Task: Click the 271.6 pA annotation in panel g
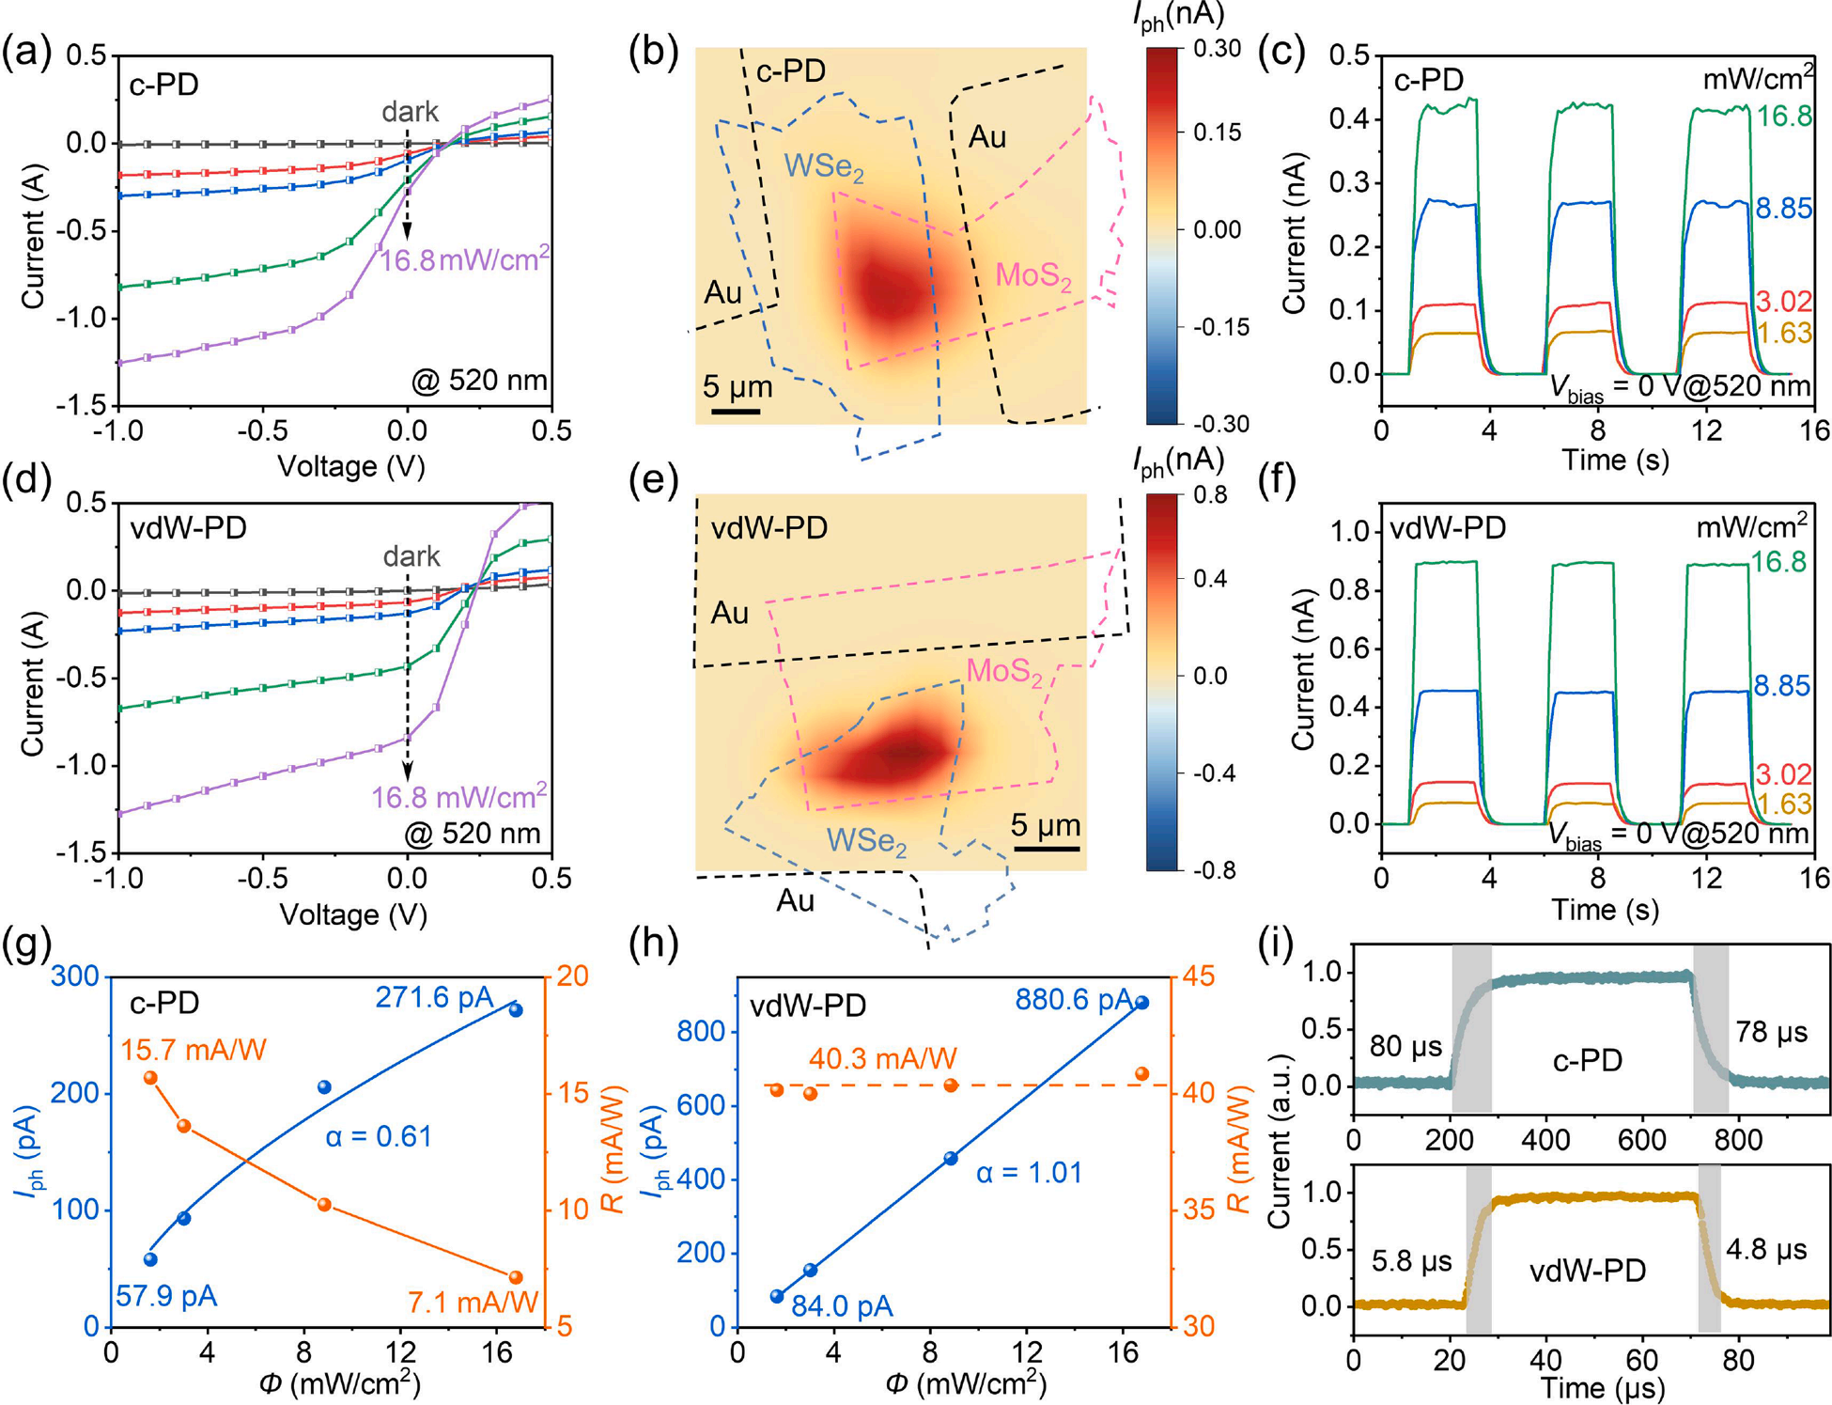pyautogui.click(x=434, y=997)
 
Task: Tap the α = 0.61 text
pyautogui.click(x=379, y=1136)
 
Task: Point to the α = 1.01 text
pyautogui.click(x=1029, y=1173)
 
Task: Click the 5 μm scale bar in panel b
pyautogui.click(x=736, y=411)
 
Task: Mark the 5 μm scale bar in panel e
pyautogui.click(x=1047, y=848)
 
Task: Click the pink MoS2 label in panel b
pyautogui.click(x=1032, y=276)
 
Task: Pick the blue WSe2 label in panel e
pyautogui.click(x=866, y=840)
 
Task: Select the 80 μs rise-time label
pyautogui.click(x=1405, y=1046)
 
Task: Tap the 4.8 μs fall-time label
pyautogui.click(x=1766, y=1249)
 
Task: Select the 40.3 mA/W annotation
pyautogui.click(x=882, y=1059)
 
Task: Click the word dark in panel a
pyautogui.click(x=410, y=112)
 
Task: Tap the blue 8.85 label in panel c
pyautogui.click(x=1783, y=209)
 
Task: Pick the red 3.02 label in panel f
pyautogui.click(x=1782, y=774)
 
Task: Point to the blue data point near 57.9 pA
pyautogui.click(x=150, y=1259)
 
